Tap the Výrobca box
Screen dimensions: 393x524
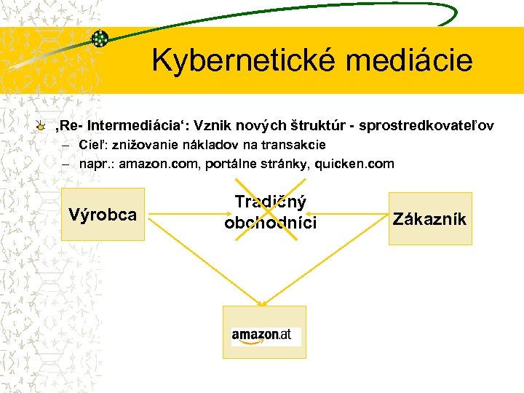(103, 214)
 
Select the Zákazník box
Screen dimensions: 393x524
(430, 218)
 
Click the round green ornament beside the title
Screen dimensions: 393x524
(100, 39)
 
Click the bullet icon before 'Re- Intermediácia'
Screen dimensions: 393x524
(41, 127)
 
